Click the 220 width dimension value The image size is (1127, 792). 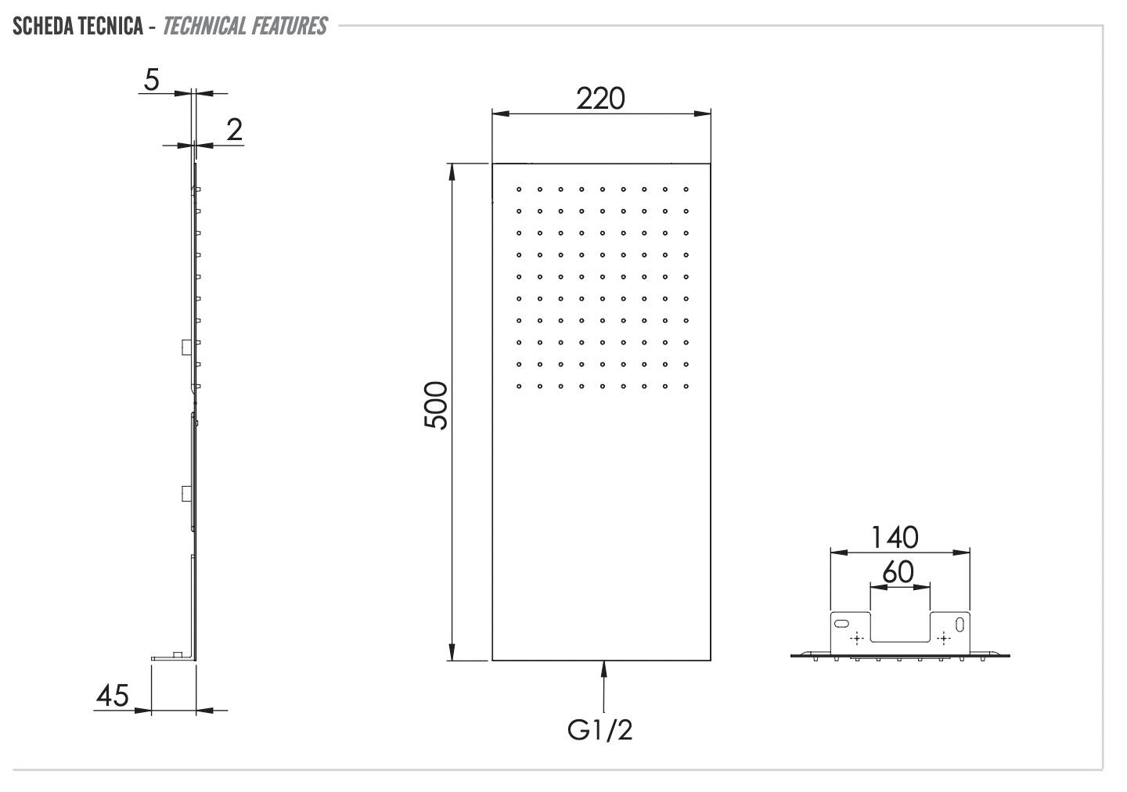tap(600, 99)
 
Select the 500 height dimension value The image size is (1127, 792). tap(435, 405)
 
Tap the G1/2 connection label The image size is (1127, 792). tap(600, 729)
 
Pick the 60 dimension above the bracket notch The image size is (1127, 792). tap(898, 572)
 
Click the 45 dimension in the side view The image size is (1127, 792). tap(112, 695)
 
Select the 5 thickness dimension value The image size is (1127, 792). tap(152, 79)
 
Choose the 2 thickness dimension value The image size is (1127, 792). tap(234, 130)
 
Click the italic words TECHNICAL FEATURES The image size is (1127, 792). tap(245, 27)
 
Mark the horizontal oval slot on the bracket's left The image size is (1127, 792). tap(841, 623)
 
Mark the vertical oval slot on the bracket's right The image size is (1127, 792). tap(960, 624)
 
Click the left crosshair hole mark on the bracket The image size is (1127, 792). tap(857, 639)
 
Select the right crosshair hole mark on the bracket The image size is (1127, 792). tap(944, 639)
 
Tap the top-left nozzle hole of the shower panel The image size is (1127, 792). tap(518, 189)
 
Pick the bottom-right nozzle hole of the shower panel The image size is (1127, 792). tap(686, 385)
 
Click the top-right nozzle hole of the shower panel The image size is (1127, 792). tap(686, 189)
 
